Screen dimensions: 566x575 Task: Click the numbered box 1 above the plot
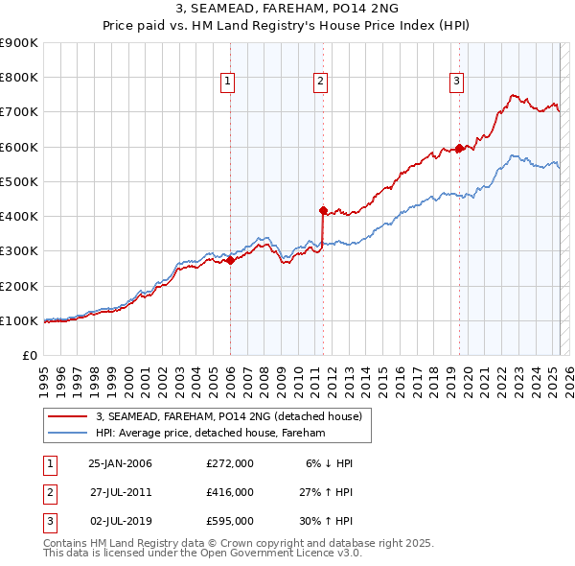pyautogui.click(x=228, y=82)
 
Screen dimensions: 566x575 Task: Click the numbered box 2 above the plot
pyautogui.click(x=320, y=82)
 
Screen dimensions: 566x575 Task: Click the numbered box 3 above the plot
pyautogui.click(x=457, y=82)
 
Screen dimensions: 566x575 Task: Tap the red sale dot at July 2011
pyautogui.click(x=323, y=210)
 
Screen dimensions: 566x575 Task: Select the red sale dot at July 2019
pyautogui.click(x=459, y=148)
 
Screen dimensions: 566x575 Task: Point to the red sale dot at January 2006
pyautogui.click(x=230, y=260)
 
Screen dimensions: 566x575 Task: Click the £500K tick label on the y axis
pyautogui.click(x=19, y=181)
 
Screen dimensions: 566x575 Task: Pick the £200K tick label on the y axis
pyautogui.click(x=19, y=286)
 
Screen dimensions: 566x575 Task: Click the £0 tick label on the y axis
pyautogui.click(x=29, y=355)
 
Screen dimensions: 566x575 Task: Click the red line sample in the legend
pyautogui.click(x=66, y=416)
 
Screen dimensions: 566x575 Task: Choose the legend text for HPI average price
pyautogui.click(x=211, y=434)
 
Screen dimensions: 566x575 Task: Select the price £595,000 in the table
pyautogui.click(x=229, y=522)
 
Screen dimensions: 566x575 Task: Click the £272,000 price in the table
pyautogui.click(x=229, y=463)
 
